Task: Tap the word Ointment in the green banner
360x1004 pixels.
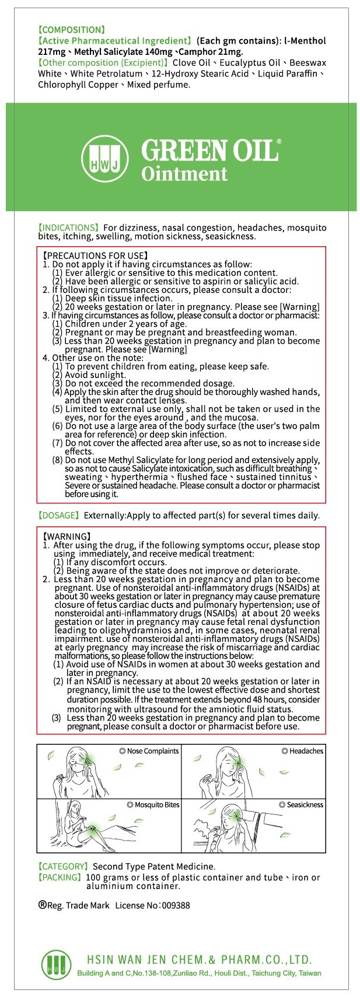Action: (184, 174)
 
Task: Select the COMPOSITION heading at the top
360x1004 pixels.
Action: (71, 29)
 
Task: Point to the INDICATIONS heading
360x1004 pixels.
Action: (68, 227)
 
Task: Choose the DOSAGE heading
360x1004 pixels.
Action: (59, 515)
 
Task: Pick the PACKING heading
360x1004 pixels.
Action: (60, 877)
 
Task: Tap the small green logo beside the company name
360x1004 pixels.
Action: (57, 965)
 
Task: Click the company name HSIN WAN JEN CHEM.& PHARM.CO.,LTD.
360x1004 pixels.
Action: (199, 960)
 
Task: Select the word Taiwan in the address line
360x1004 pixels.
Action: (309, 973)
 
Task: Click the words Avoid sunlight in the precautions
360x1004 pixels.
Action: (95, 375)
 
